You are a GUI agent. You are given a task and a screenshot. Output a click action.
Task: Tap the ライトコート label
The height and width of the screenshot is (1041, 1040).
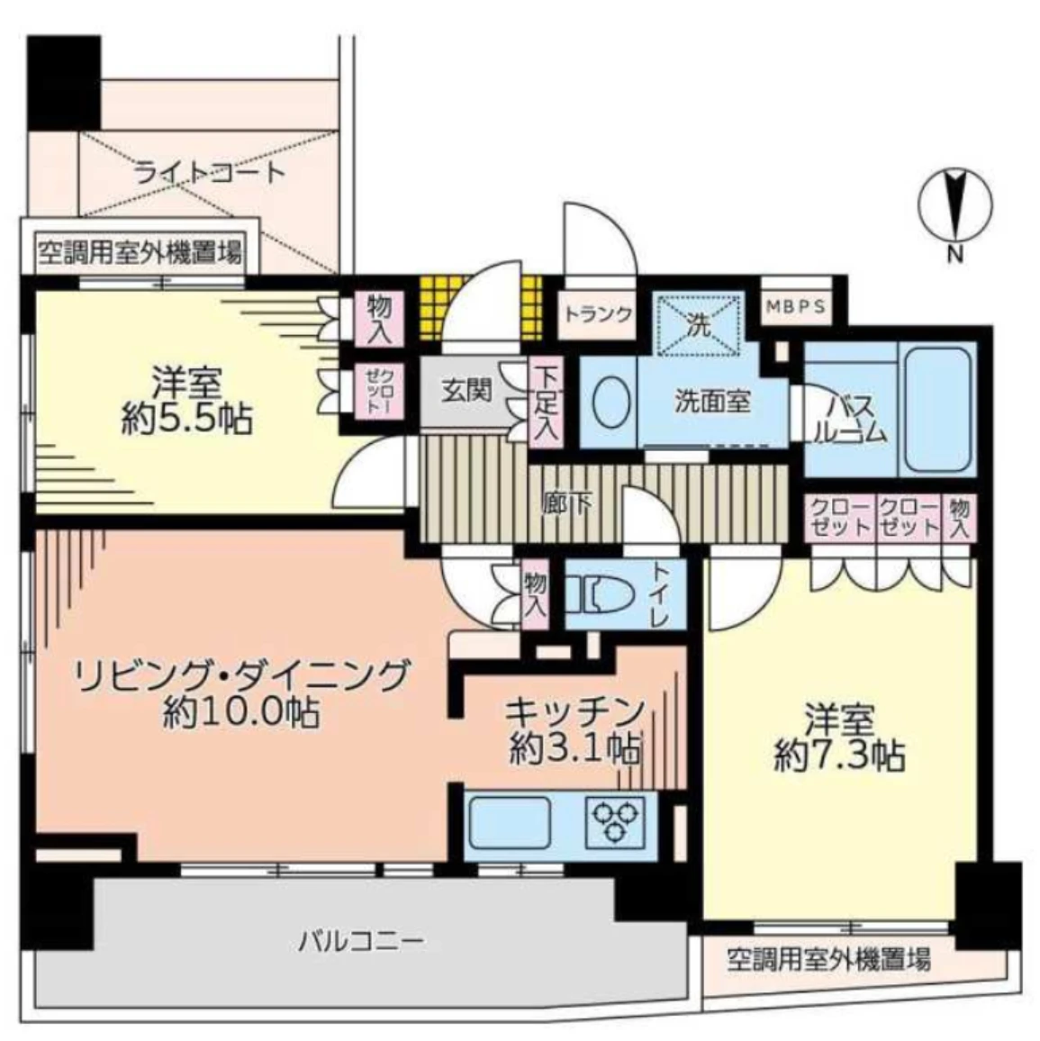(x=209, y=171)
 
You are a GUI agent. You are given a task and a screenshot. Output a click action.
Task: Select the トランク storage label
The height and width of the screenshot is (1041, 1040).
(x=599, y=314)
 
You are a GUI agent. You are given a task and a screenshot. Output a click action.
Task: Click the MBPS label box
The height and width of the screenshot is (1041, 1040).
(x=796, y=306)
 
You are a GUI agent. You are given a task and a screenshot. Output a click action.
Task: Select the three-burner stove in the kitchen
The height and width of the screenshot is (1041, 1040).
(x=617, y=820)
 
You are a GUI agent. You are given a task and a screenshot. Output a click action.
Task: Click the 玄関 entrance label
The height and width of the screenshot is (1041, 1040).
(x=466, y=391)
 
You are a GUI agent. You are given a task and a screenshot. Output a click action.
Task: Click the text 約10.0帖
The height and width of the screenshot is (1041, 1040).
(x=240, y=713)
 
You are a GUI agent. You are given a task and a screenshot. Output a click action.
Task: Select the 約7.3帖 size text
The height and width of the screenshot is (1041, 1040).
(x=840, y=756)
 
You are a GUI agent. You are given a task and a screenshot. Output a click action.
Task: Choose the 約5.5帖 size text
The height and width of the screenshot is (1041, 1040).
(x=187, y=420)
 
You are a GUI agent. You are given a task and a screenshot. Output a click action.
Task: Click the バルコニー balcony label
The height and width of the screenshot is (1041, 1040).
(x=360, y=942)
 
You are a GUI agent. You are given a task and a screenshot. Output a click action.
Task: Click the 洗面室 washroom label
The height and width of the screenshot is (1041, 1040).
(x=713, y=402)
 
